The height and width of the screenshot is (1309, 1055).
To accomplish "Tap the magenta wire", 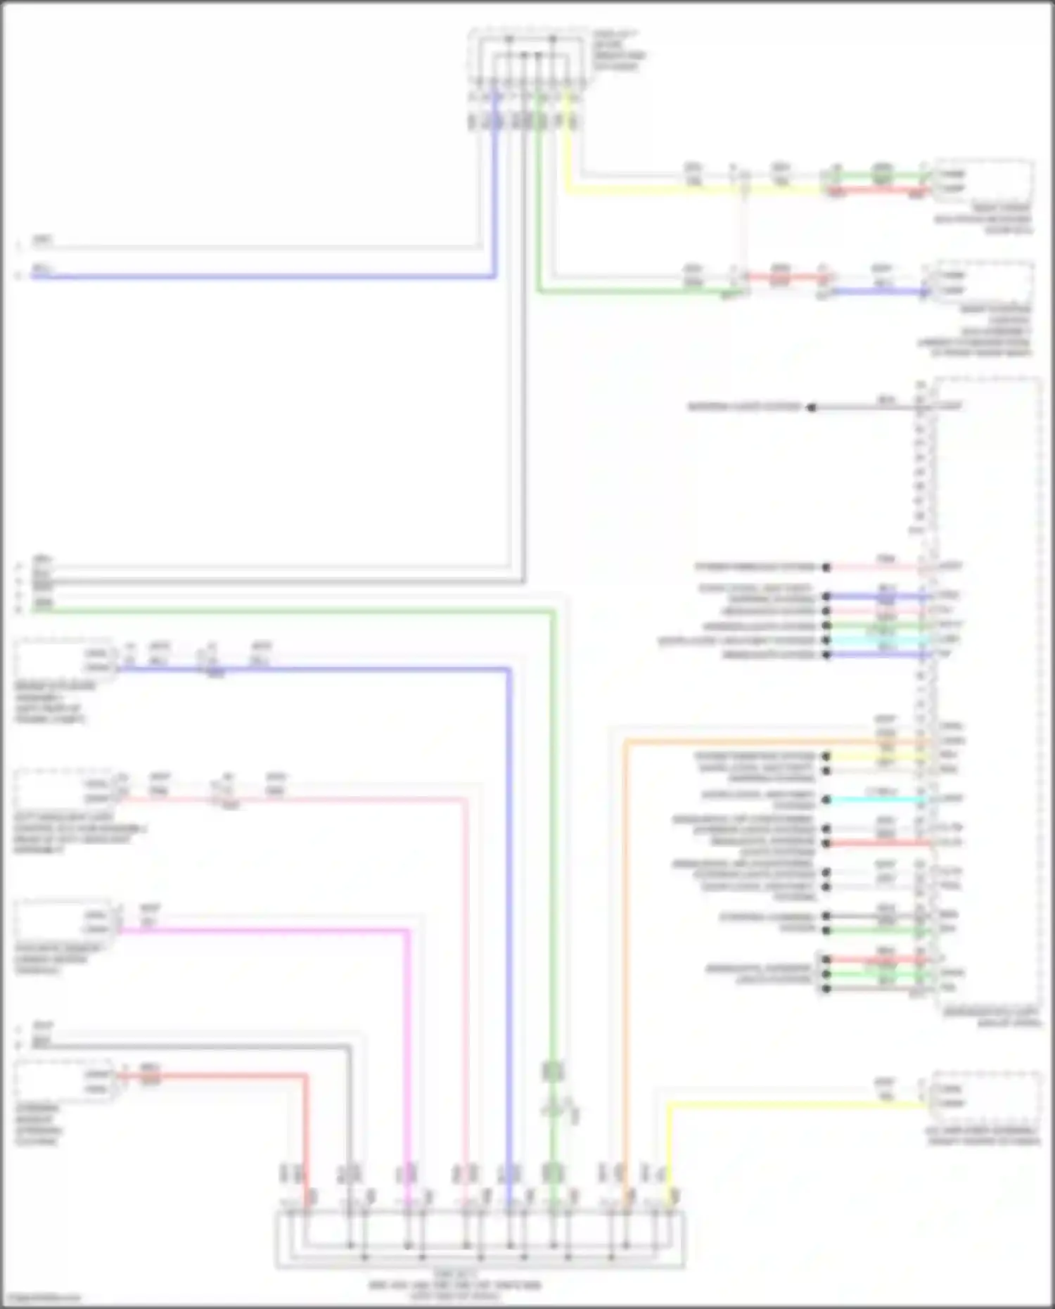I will coord(281,931).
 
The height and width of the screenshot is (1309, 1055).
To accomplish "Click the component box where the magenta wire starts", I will coord(63,921).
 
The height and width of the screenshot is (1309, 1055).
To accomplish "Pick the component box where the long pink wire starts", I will coord(63,791).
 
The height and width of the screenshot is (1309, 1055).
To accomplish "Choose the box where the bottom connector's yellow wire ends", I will coord(985,1096).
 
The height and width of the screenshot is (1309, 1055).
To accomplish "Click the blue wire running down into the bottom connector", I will coord(508,914).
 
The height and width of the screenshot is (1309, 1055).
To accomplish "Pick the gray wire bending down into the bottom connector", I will coord(211,1047).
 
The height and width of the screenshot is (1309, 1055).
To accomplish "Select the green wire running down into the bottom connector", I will coord(553,844).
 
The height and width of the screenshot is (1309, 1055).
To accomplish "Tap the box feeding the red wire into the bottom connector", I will coord(63,1082).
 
